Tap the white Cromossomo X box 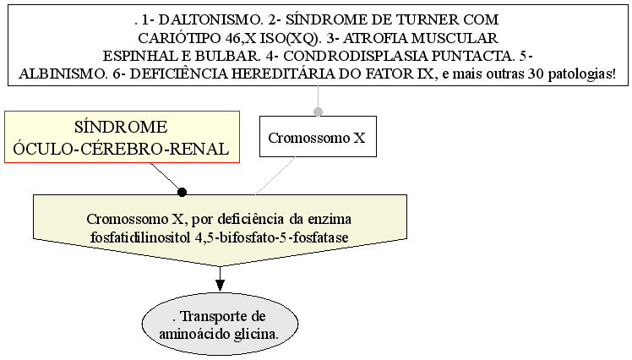318,137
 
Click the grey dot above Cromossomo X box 318,112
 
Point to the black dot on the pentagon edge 183,193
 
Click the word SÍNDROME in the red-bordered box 121,127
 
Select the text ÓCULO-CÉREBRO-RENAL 121,149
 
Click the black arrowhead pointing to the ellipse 220,286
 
